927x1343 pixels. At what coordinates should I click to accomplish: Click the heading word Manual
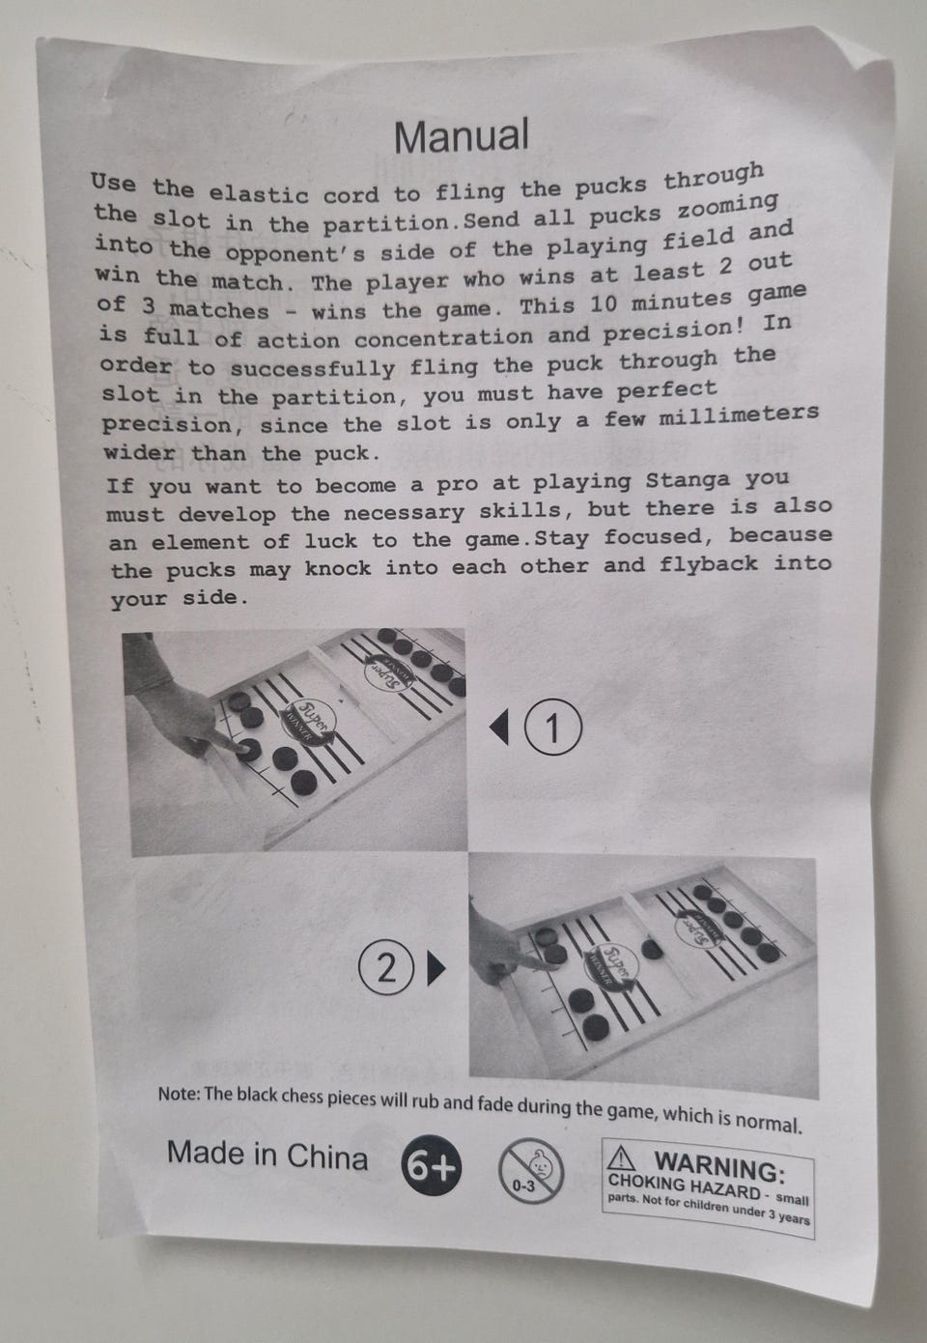point(462,135)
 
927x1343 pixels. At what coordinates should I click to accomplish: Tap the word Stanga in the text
point(688,480)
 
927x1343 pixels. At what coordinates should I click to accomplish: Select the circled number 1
point(552,728)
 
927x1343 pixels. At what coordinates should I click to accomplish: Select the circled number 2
point(386,967)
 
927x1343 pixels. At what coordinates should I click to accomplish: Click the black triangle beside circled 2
point(436,968)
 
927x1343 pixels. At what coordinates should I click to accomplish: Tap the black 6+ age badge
point(432,1166)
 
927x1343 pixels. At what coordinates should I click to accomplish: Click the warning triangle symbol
point(620,1158)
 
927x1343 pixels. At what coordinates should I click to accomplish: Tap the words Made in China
point(267,1155)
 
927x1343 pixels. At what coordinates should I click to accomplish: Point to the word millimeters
point(739,414)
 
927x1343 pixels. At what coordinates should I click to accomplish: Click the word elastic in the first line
point(258,193)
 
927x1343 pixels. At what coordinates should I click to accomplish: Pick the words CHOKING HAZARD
point(684,1186)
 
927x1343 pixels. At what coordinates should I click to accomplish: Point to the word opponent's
point(295,254)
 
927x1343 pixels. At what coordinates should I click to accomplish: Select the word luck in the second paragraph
point(330,541)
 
